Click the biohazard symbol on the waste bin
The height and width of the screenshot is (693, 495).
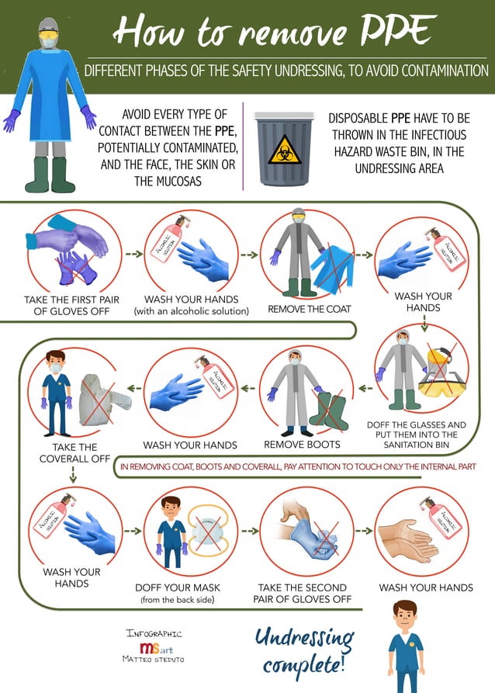(x=284, y=148)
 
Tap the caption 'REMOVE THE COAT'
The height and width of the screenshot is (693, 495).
(x=310, y=309)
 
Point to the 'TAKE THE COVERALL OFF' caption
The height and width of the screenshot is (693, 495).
(x=75, y=452)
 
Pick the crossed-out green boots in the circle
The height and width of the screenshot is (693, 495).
(x=326, y=407)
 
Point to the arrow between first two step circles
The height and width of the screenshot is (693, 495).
(x=133, y=253)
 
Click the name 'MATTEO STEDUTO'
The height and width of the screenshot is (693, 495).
(x=154, y=660)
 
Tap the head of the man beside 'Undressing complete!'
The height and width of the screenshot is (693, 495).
(x=404, y=616)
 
